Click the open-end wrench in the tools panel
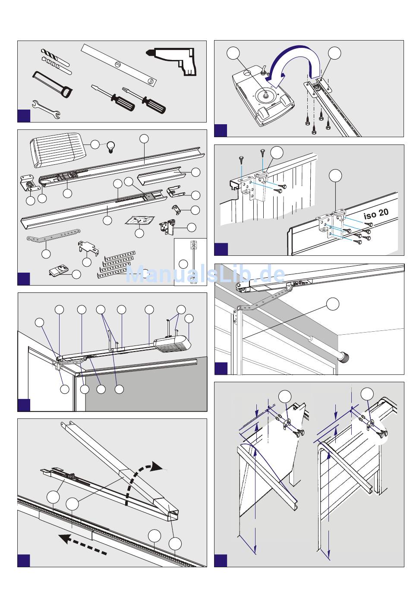46,109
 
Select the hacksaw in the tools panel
53,84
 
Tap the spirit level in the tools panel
118,64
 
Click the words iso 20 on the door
376,214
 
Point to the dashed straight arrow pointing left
82,545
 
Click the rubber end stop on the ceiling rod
344,357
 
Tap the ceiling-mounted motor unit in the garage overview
173,344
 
